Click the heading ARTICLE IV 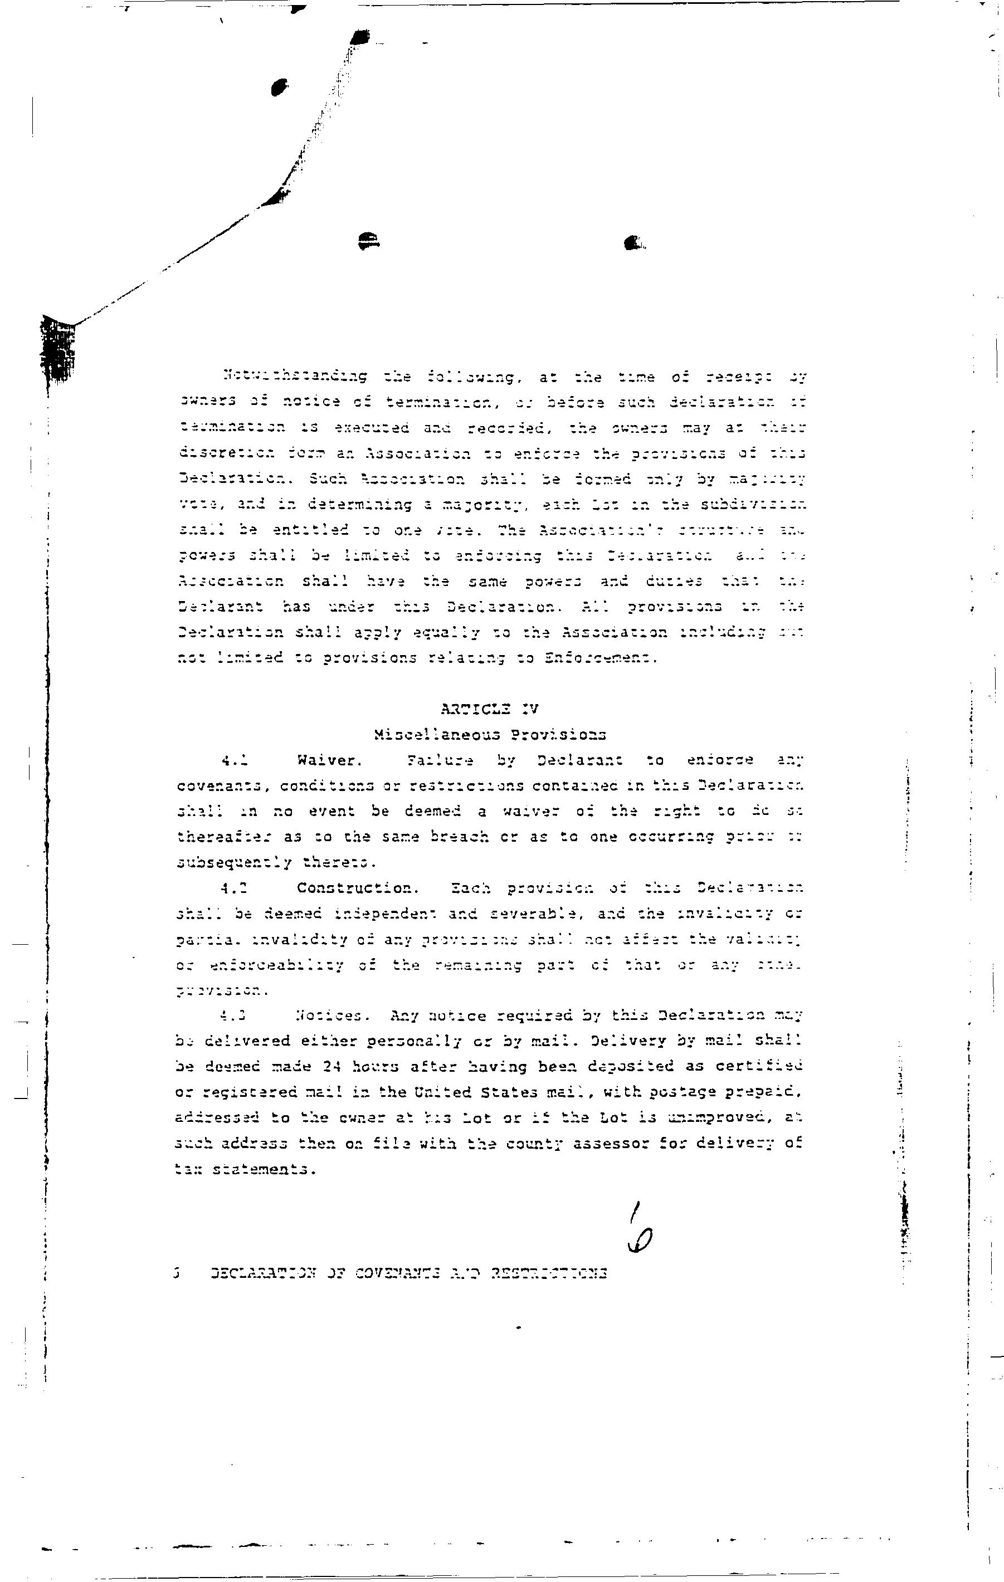490,709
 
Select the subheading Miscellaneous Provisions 490,735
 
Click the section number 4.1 234,761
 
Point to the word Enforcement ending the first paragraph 601,658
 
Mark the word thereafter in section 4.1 224,837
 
